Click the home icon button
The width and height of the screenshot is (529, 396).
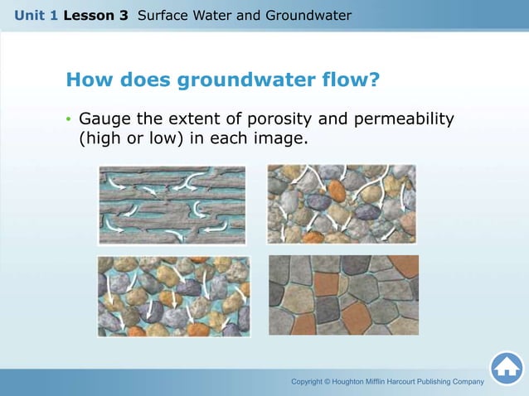tap(507, 369)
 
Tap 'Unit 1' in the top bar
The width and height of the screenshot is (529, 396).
tap(35, 16)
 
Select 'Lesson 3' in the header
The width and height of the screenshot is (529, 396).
tap(94, 16)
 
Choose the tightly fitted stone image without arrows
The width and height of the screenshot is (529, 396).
tap(343, 295)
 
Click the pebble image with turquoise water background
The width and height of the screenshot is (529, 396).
tap(173, 296)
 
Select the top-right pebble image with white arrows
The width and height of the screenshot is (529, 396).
tap(341, 204)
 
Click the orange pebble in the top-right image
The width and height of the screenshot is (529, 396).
tap(336, 190)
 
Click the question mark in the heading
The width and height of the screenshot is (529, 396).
tap(374, 80)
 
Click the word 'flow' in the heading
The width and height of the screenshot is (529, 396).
tap(340, 80)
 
